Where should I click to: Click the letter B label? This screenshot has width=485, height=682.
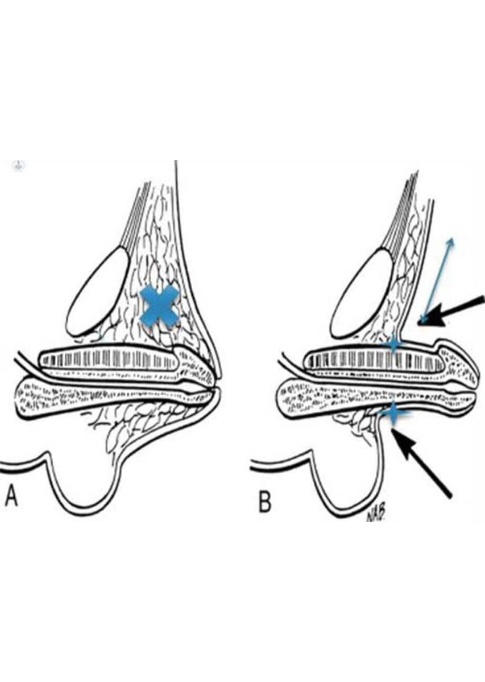pyautogui.click(x=265, y=502)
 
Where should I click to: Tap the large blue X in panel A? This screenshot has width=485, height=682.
pyautogui.click(x=159, y=306)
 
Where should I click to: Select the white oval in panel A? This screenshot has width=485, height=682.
pyautogui.click(x=98, y=291)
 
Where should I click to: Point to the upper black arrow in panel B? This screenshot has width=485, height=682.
pyautogui.click(x=452, y=311)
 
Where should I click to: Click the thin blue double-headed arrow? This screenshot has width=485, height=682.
pyautogui.click(x=437, y=279)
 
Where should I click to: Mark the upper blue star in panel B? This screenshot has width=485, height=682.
pyautogui.click(x=392, y=343)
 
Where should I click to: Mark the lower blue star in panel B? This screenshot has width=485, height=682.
pyautogui.click(x=391, y=414)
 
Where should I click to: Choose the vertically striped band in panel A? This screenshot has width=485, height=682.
pyautogui.click(x=108, y=359)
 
